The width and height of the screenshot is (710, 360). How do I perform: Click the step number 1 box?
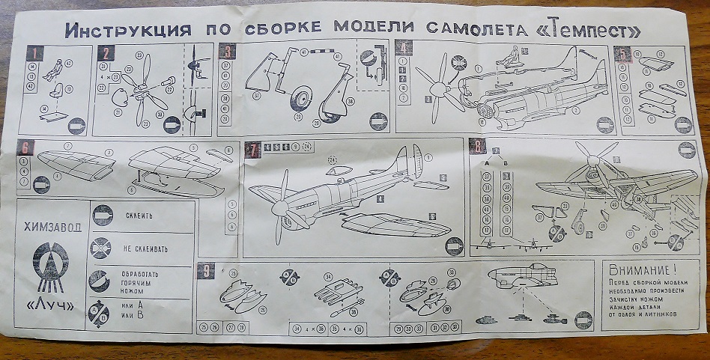32,52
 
